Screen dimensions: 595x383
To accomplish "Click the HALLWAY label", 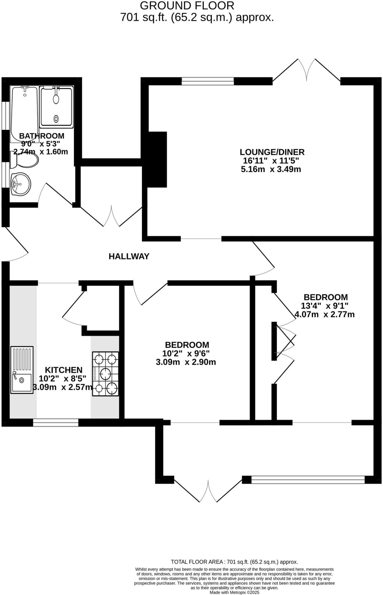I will tap(129, 256).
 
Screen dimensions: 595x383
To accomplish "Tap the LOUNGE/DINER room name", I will tap(272, 152).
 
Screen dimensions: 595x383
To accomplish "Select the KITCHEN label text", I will tap(64, 370).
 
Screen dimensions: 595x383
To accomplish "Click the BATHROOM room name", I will tap(42, 136).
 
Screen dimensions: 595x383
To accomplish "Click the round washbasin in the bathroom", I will tap(20, 184).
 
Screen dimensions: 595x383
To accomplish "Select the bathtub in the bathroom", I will tap(24, 113).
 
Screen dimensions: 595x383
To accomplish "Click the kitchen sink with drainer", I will tap(22, 370).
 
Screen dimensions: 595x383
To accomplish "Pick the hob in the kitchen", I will tap(105, 374).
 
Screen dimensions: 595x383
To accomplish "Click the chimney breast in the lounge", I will tap(157, 159).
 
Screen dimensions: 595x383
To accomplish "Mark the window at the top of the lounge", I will tap(208, 81).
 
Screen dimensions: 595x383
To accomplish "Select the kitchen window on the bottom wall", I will tap(56, 422).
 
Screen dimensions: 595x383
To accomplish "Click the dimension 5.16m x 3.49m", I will tap(271, 169).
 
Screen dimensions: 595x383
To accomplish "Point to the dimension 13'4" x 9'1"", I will tap(325, 306).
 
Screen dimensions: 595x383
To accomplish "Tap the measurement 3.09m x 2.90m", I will tap(186, 362).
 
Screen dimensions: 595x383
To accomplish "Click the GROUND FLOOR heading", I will tap(187, 6).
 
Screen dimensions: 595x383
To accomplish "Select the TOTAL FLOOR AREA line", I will tap(234, 562).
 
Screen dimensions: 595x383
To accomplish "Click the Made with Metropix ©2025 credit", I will tap(234, 592).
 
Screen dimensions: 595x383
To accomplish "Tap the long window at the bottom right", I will tap(308, 479).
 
